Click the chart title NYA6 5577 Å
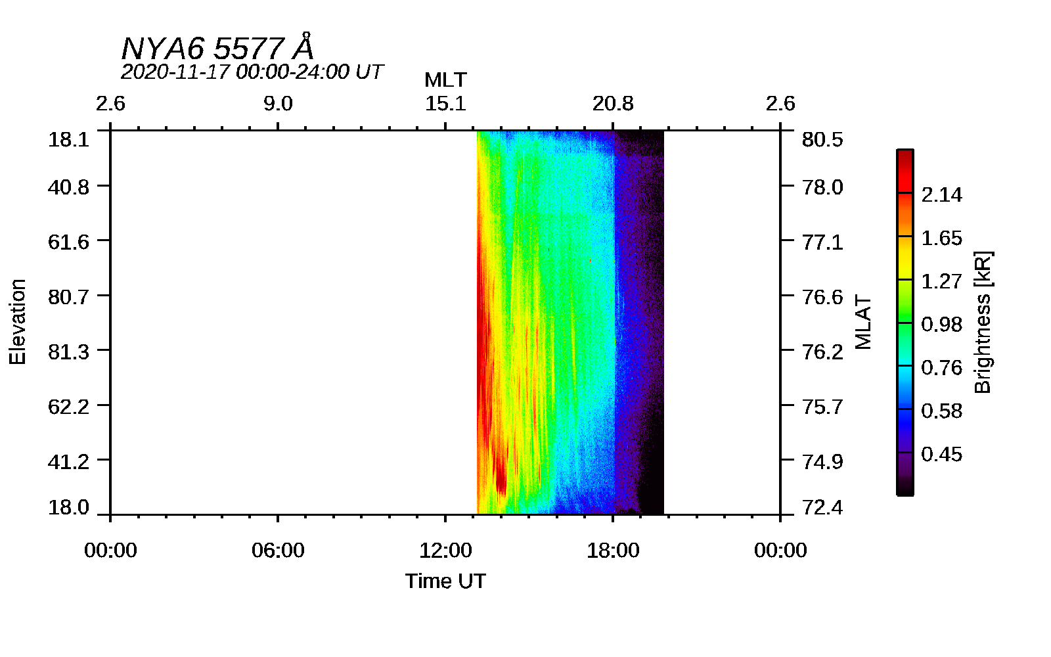217,49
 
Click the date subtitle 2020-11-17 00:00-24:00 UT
252,72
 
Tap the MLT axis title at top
445,80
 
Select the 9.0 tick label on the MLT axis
278,104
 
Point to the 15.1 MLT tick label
445,104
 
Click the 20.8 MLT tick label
613,104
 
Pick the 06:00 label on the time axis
278,550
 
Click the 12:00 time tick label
445,550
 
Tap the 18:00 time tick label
613,550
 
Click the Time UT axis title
445,581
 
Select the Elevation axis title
18,322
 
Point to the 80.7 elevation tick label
68,297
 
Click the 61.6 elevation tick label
68,242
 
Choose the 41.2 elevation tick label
68,461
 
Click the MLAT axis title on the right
863,322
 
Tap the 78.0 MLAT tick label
822,187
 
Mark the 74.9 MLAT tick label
822,461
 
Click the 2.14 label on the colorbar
941,194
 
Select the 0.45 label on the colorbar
941,454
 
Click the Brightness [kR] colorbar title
983,322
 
